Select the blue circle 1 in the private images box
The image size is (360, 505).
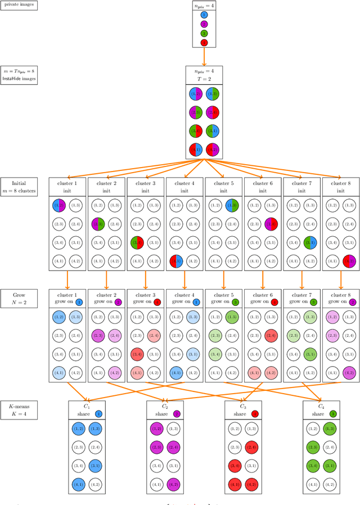[x=204, y=15]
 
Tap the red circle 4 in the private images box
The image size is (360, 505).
[x=204, y=42]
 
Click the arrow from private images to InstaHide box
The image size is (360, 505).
[x=204, y=57]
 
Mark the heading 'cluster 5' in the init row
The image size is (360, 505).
[x=223, y=183]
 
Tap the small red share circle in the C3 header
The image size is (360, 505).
[x=254, y=414]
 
